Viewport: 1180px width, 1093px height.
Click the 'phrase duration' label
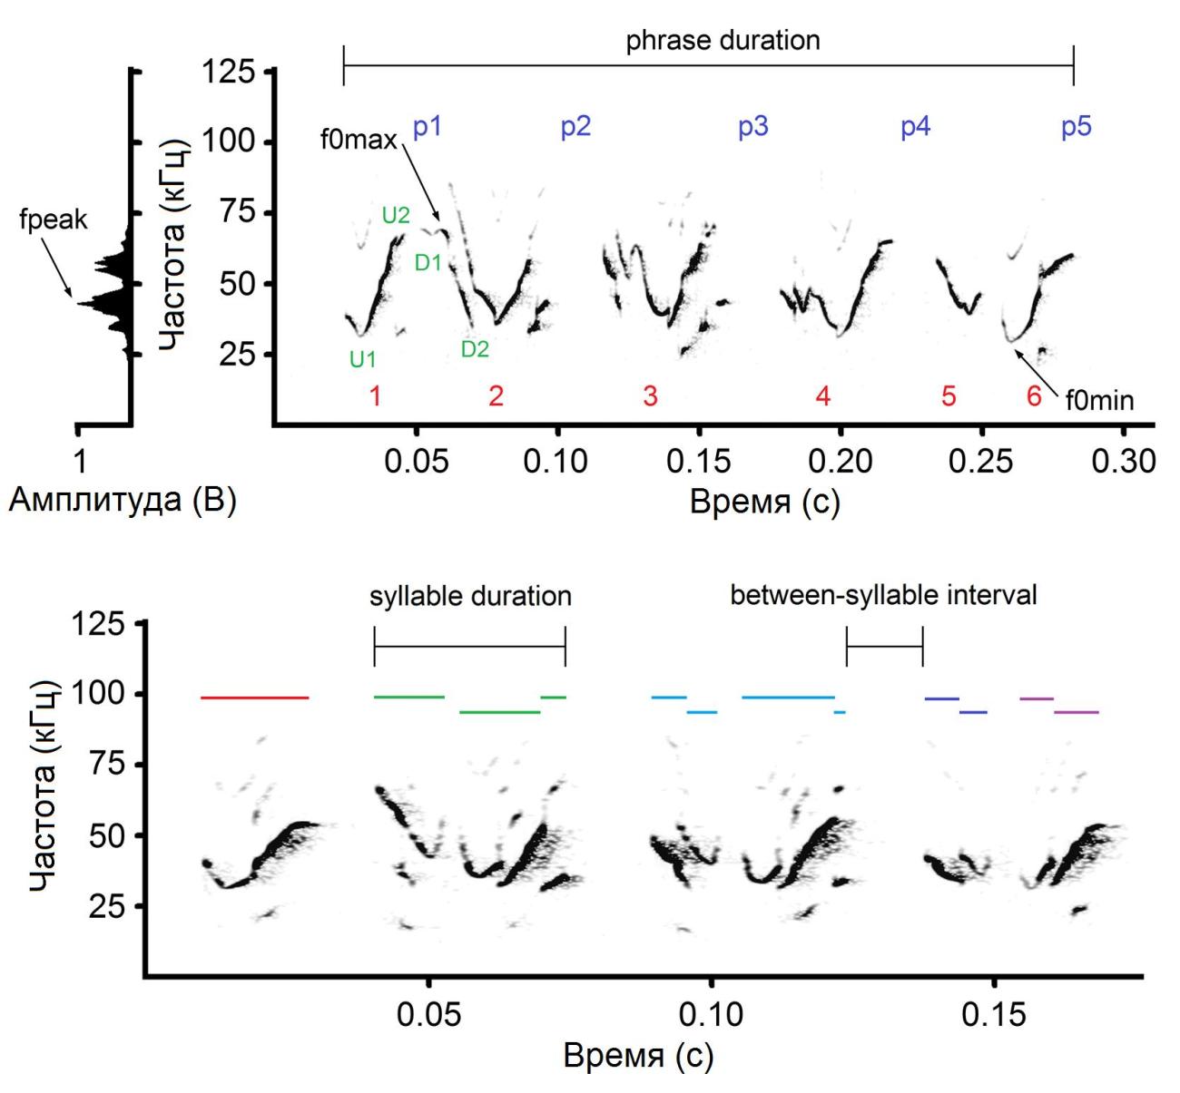click(x=723, y=41)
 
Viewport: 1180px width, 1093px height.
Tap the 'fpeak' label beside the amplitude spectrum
click(x=53, y=220)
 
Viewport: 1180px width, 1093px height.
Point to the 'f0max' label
click(x=359, y=141)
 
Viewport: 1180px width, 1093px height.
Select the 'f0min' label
click(x=1099, y=399)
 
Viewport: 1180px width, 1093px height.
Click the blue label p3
click(x=752, y=126)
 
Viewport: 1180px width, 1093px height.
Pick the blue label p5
click(x=1076, y=126)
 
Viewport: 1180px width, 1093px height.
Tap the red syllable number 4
click(x=822, y=396)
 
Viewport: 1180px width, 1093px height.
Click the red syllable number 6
click(x=1033, y=396)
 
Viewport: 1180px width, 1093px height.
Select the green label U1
click(x=362, y=359)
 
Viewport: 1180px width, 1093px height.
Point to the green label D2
click(x=475, y=349)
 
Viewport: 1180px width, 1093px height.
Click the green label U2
click(x=396, y=216)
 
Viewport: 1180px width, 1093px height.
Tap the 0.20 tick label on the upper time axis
click(x=841, y=461)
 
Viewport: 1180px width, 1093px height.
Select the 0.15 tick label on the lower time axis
click(x=994, y=1014)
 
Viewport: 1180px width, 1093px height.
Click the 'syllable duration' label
click(x=470, y=596)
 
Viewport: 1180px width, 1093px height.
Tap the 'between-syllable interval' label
click(x=883, y=596)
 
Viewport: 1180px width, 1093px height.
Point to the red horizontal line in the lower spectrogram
click(x=254, y=698)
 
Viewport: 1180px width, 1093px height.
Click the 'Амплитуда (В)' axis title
click(x=123, y=501)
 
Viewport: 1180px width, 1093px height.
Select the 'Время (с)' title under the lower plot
click(x=638, y=1056)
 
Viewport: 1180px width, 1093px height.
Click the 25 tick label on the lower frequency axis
click(x=106, y=906)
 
